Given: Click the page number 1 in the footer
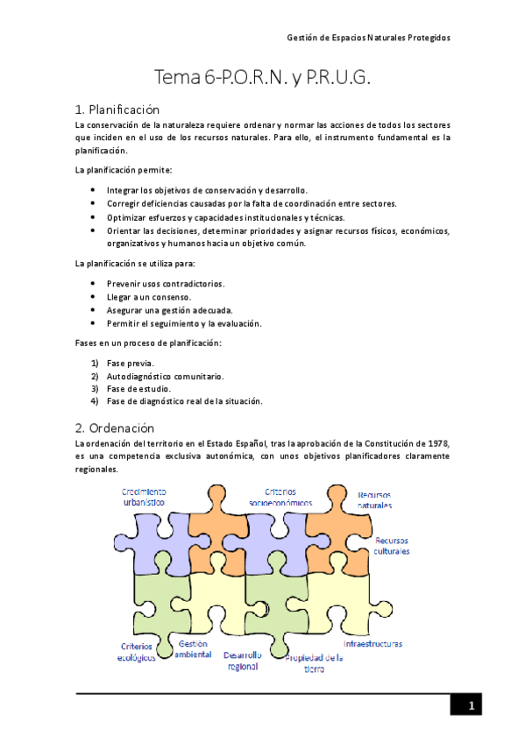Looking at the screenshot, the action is point(470,706).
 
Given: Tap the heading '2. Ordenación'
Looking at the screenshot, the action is point(115,428).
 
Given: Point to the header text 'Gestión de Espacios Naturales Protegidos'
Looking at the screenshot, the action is point(369,38).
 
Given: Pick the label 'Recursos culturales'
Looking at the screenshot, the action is point(391,546).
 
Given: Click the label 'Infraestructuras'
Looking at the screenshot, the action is point(372,643).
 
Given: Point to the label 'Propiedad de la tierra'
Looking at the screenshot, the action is point(313,662).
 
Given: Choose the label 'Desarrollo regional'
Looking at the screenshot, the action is point(241,660).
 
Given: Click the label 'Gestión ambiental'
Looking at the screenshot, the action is point(192,648).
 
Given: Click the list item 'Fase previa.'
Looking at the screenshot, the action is point(131,363).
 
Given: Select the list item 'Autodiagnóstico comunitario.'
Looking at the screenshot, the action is point(165,376).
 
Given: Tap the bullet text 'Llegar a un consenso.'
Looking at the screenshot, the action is point(149,297).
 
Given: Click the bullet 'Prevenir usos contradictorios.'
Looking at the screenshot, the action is point(165,284).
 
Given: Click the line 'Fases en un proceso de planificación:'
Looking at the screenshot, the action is point(148,343).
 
